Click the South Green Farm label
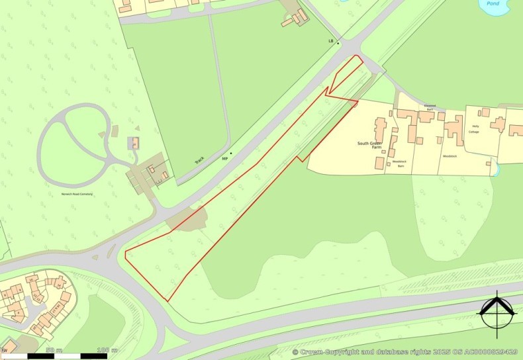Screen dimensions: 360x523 [x=371, y=146]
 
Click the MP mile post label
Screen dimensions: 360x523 [x=224, y=159]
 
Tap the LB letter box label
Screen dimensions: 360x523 [x=331, y=42]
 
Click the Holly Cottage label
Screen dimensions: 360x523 [x=474, y=129]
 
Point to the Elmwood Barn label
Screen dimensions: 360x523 [x=430, y=106]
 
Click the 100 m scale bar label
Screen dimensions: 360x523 [x=102, y=349]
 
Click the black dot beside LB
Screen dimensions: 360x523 [x=338, y=44]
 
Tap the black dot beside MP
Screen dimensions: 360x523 [x=231, y=154]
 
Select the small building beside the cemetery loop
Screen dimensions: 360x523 [x=135, y=142]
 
